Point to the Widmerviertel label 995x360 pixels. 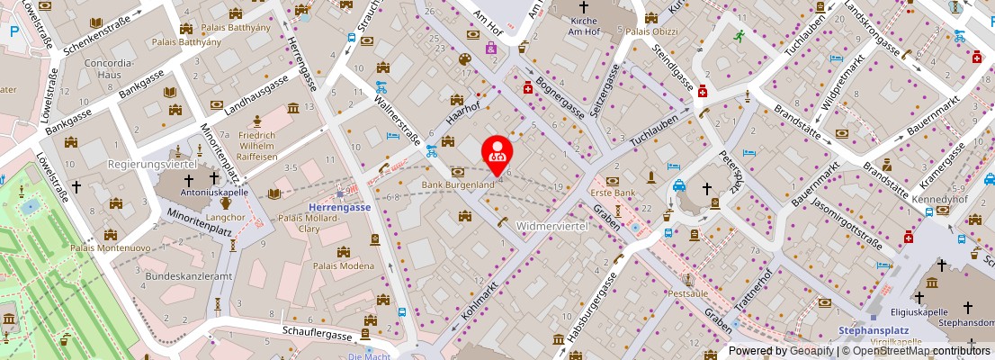point(552,225)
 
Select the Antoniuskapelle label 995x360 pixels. point(189,192)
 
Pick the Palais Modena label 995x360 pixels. point(343,265)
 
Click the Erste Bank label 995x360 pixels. point(613,193)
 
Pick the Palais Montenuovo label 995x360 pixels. point(109,247)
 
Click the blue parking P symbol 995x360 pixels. point(13,31)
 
